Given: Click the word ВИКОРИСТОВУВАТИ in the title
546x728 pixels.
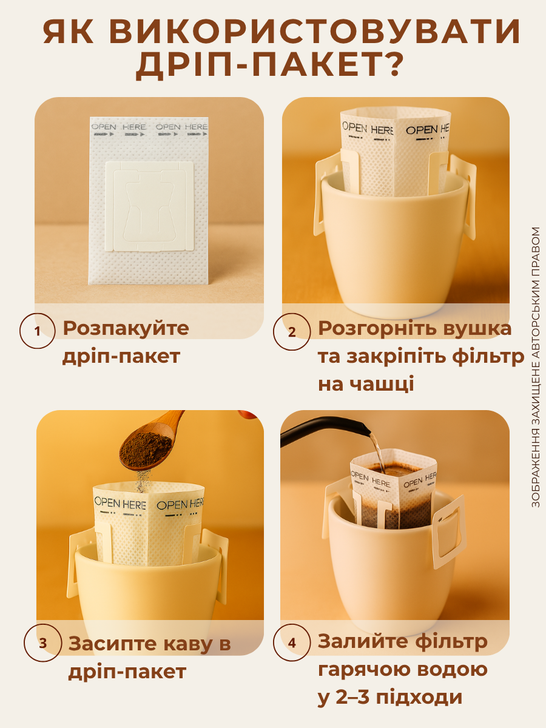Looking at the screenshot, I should [x=326, y=33].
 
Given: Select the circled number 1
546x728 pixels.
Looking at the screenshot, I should [x=38, y=331].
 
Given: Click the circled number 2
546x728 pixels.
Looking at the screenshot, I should [x=292, y=332].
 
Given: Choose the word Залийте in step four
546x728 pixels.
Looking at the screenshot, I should [x=362, y=641].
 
